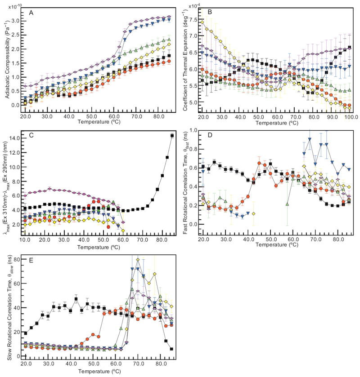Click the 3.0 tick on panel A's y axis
pyautogui.click(x=16, y=21)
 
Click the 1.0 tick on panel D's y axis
pyautogui.click(x=195, y=131)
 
